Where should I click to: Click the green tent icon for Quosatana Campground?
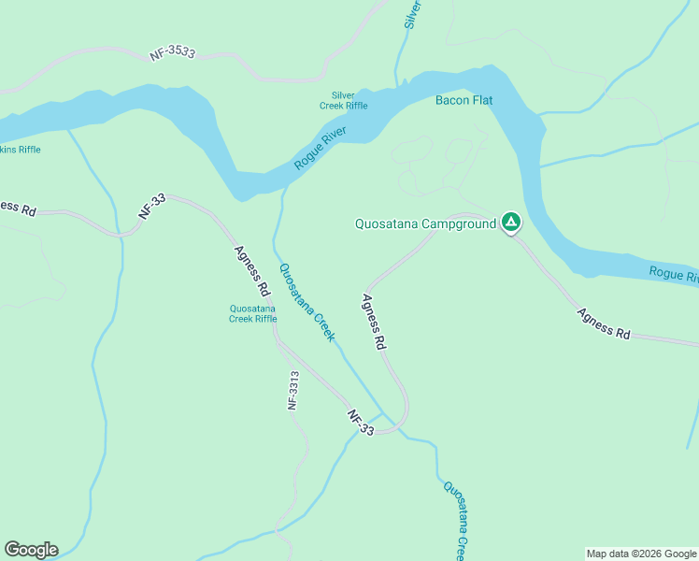click(x=510, y=223)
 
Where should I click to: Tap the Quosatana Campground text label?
click(x=425, y=224)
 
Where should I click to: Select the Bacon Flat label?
click(x=464, y=100)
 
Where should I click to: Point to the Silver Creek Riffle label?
click(x=344, y=100)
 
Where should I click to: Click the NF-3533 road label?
click(x=172, y=54)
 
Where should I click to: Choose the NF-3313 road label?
click(x=293, y=391)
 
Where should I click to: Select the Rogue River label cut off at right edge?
click(x=673, y=274)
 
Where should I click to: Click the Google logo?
click(x=31, y=550)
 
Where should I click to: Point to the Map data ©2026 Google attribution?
click(x=641, y=554)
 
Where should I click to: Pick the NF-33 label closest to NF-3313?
click(x=361, y=423)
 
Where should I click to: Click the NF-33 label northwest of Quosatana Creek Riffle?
click(x=151, y=206)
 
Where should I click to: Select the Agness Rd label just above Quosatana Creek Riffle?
click(x=252, y=267)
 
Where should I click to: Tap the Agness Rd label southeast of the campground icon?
click(x=603, y=324)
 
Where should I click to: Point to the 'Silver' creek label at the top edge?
click(x=412, y=14)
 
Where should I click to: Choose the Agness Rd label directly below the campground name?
click(x=374, y=322)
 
